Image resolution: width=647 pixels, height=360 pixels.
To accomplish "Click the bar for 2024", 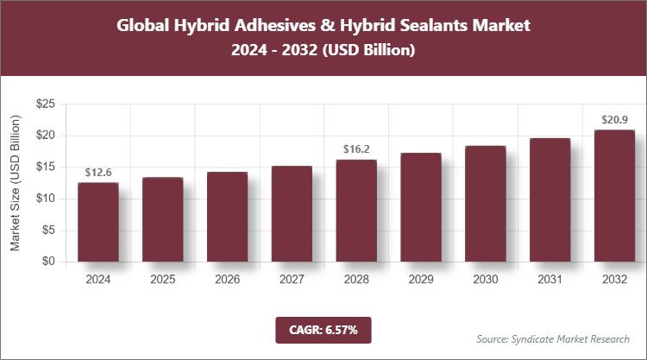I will [97, 222].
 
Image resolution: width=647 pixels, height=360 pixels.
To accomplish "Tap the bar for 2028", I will [356, 211].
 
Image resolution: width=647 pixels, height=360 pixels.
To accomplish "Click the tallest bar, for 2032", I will [615, 196].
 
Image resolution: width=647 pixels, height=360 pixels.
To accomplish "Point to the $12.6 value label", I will [97, 173].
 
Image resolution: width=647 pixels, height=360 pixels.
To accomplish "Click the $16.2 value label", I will [356, 149].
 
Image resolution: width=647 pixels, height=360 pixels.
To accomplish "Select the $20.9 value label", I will [615, 120].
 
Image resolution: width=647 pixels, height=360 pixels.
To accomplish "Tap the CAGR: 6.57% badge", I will [323, 329].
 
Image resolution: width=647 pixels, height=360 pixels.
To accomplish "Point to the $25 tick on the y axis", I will [45, 104].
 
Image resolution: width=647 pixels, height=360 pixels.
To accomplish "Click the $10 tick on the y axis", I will [45, 199].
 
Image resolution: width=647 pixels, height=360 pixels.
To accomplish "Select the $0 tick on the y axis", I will [48, 262].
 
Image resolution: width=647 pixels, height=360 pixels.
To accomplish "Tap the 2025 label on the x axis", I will [162, 279].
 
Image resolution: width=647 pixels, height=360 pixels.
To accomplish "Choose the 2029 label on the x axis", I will [421, 279].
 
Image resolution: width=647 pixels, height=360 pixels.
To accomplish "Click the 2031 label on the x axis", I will [550, 279].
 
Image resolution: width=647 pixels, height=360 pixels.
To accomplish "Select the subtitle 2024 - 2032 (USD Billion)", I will [323, 51].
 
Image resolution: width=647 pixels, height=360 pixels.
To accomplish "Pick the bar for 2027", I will [292, 214].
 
